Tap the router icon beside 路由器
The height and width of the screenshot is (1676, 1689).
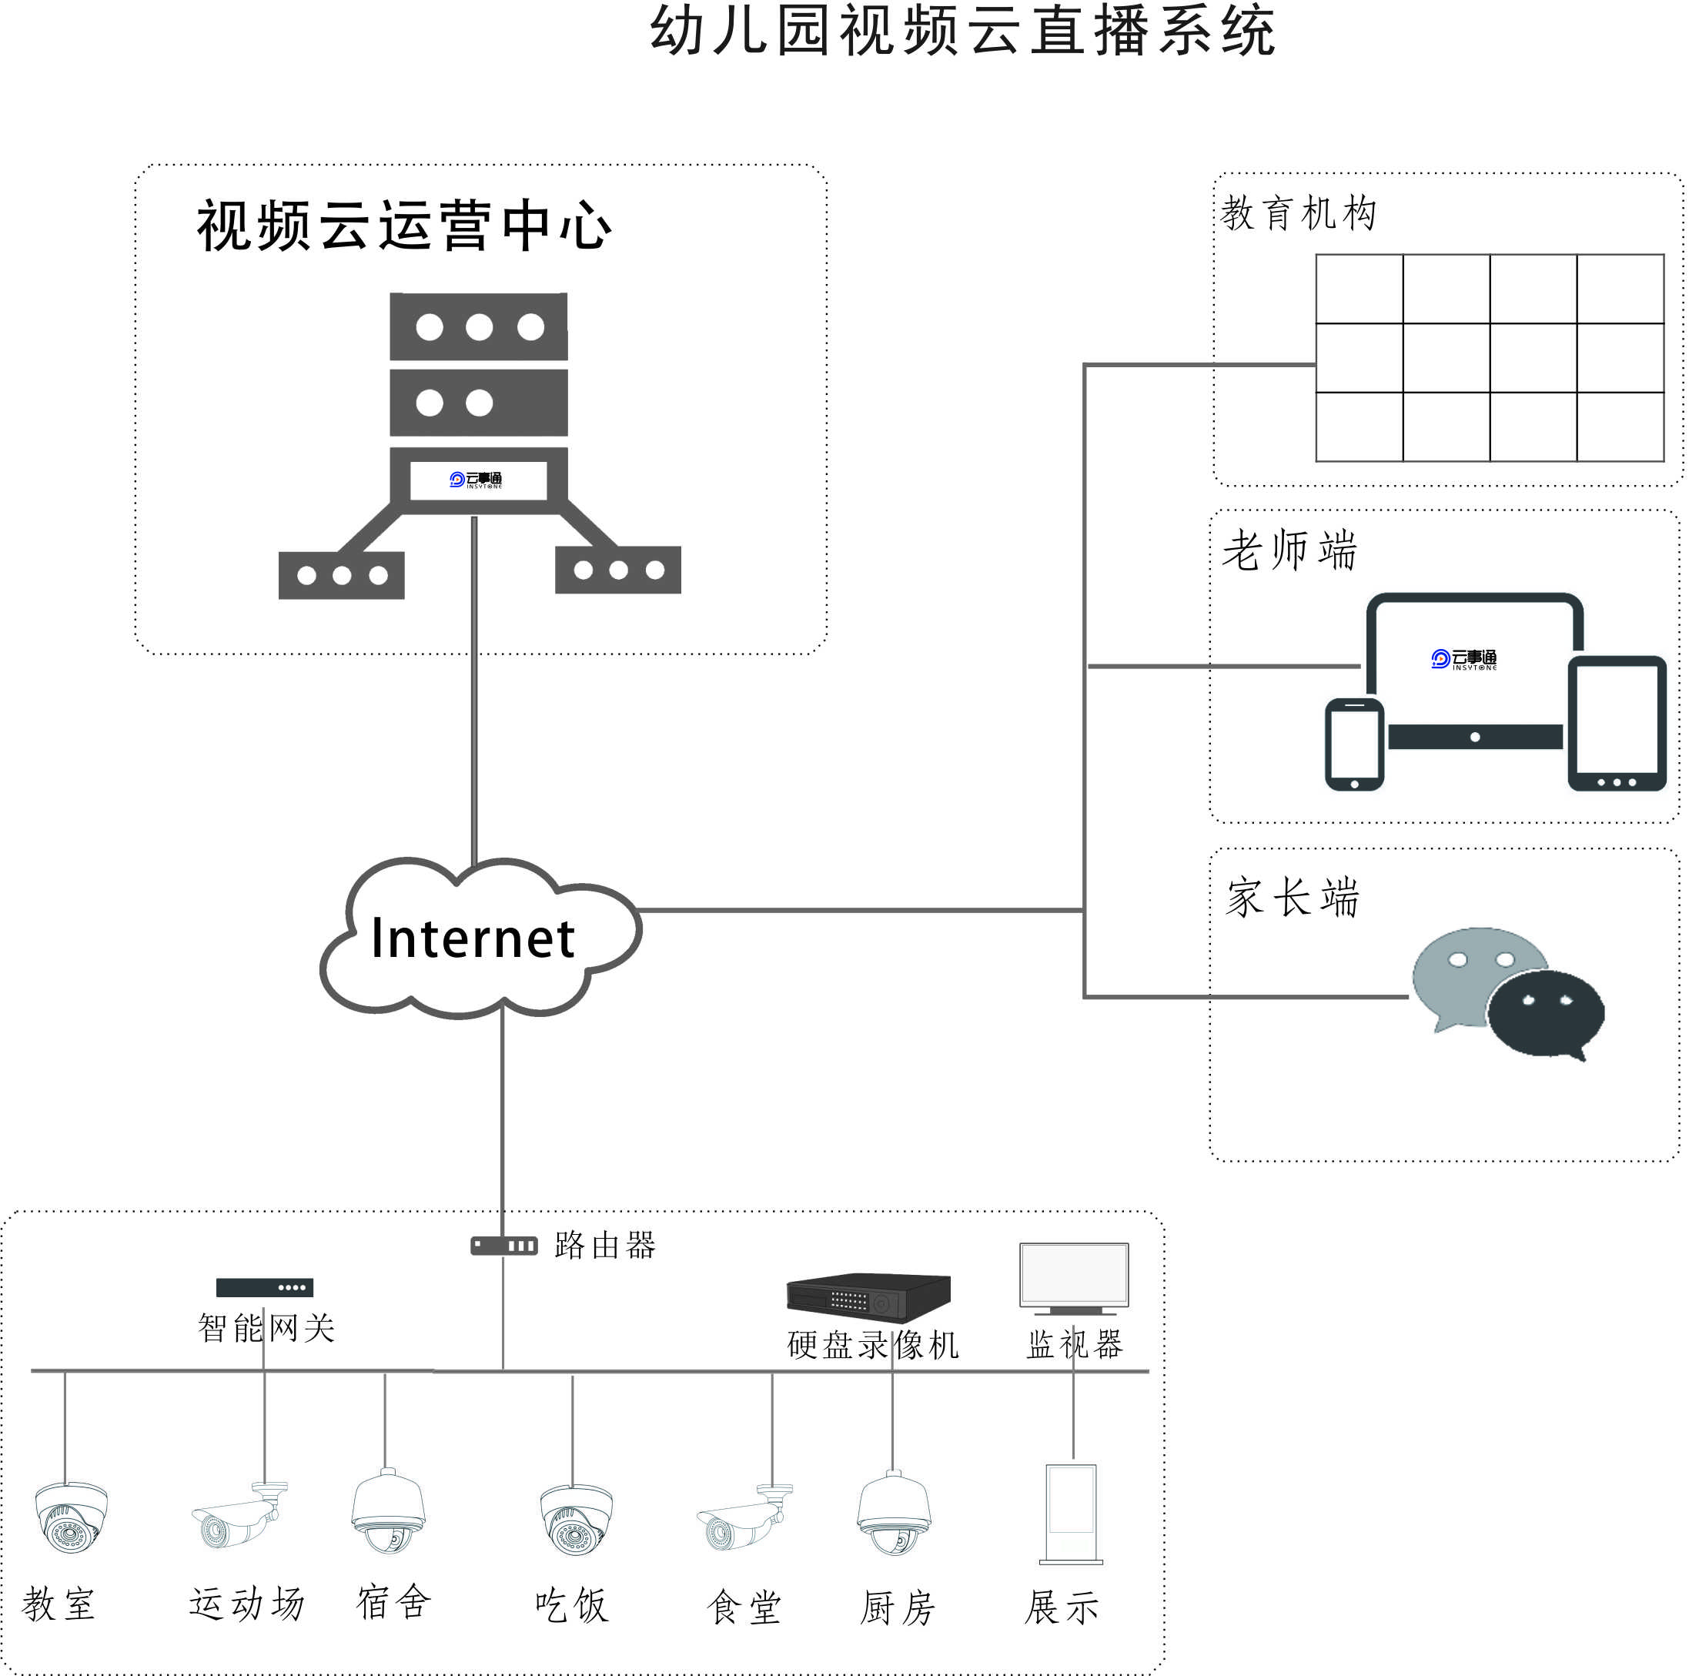[503, 1246]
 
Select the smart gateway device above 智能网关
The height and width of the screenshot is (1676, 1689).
[264, 1288]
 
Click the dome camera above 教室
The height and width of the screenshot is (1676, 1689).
[71, 1517]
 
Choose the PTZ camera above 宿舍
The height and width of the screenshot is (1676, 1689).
[388, 1512]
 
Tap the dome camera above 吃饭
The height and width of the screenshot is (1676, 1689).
[575, 1520]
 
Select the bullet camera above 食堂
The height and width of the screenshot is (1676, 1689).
[744, 1519]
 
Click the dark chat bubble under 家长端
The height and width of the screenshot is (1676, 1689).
[1545, 1013]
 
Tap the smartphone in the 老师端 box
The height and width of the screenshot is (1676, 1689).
[1354, 744]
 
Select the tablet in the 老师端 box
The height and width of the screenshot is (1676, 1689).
[1617, 724]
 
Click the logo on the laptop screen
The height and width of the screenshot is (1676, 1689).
[1463, 659]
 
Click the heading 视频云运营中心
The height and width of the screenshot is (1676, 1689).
[404, 226]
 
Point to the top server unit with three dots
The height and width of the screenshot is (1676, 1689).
[478, 327]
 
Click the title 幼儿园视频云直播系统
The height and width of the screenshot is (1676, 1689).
[962, 32]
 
